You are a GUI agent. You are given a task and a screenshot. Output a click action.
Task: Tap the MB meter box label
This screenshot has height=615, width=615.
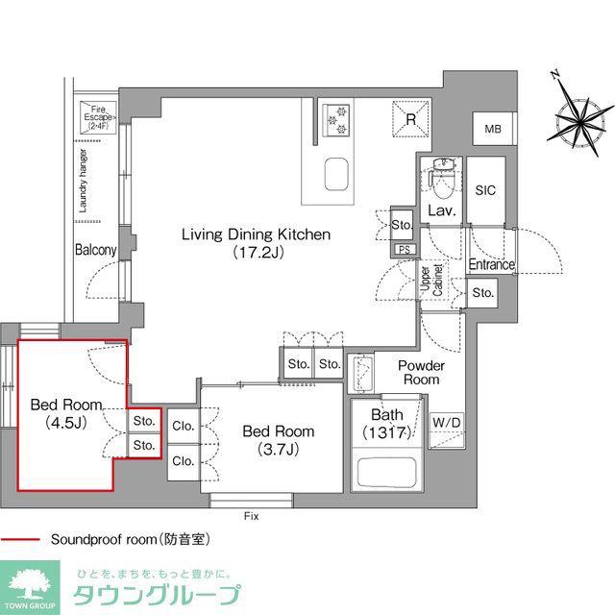tap(493, 129)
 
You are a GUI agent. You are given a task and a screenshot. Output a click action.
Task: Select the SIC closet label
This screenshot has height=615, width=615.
tap(485, 190)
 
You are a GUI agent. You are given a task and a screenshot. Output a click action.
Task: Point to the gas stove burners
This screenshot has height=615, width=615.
tap(335, 119)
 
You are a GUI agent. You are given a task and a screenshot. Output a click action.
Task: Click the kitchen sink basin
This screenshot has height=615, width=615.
tap(336, 174)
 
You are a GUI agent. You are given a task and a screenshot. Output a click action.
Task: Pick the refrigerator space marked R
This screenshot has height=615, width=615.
tap(410, 119)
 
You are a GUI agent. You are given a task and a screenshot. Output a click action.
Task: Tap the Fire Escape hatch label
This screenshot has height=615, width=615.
tap(98, 117)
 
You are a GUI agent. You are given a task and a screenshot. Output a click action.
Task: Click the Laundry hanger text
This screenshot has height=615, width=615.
tap(84, 181)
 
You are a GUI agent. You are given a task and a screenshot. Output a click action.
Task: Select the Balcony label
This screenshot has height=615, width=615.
tap(96, 250)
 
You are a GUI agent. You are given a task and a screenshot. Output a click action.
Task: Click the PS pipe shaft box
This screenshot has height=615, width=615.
tap(405, 250)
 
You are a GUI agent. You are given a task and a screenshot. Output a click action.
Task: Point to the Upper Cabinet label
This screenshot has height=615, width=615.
tap(431, 280)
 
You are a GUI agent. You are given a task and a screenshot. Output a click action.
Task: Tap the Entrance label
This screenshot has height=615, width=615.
tap(491, 264)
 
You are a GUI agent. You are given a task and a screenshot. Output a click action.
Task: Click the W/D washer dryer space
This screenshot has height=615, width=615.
tap(447, 430)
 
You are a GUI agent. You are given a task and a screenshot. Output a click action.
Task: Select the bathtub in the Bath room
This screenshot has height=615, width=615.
tap(386, 472)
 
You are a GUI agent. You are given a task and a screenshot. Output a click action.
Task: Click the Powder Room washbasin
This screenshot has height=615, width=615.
tap(362, 374)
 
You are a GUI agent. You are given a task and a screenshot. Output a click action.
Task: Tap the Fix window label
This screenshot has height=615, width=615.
tap(252, 516)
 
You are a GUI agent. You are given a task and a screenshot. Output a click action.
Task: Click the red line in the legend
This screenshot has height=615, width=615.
tap(20, 540)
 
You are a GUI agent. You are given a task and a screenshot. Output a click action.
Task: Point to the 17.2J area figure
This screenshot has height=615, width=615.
tap(258, 252)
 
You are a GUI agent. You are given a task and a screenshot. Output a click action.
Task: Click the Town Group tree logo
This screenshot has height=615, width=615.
tap(30, 584)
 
